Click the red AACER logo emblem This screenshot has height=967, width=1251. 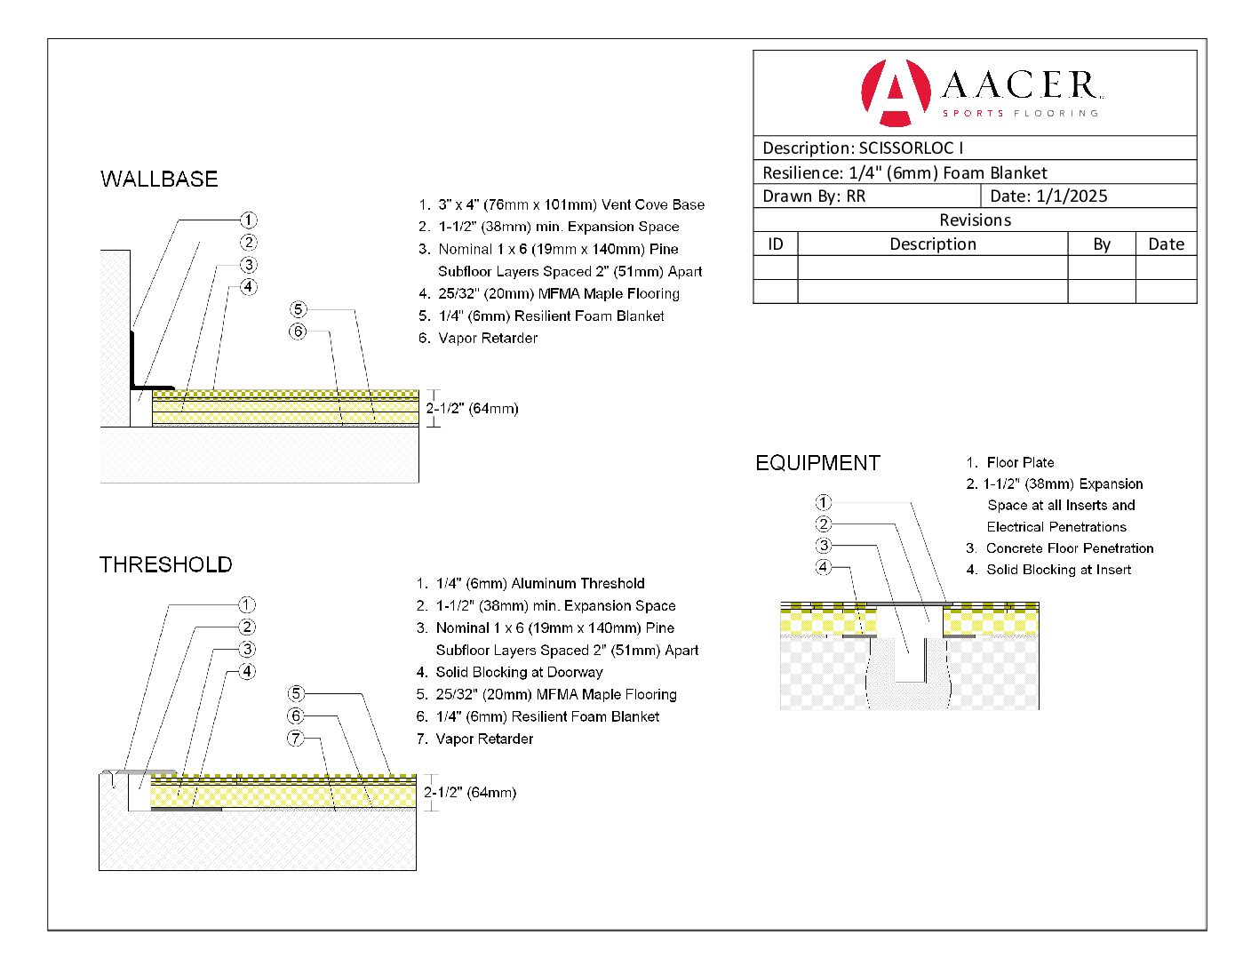[895, 92]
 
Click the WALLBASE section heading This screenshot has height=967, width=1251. [159, 179]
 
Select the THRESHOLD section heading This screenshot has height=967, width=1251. [165, 564]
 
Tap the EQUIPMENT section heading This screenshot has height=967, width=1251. [817, 463]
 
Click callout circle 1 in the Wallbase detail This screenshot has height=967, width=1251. [249, 220]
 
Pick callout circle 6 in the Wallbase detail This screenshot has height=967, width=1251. [298, 332]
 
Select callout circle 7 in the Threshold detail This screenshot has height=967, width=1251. [296, 738]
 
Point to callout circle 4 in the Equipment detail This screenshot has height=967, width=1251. [824, 567]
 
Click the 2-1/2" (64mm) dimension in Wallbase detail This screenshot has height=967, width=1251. [472, 409]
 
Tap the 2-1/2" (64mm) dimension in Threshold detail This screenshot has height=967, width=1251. [470, 792]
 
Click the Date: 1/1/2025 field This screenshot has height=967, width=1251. [1048, 196]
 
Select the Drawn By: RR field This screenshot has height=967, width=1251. [814, 196]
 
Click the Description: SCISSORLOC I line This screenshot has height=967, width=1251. [862, 148]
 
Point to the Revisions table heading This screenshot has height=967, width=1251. [975, 220]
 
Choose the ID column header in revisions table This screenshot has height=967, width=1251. [776, 244]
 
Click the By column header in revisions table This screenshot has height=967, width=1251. [1102, 244]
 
